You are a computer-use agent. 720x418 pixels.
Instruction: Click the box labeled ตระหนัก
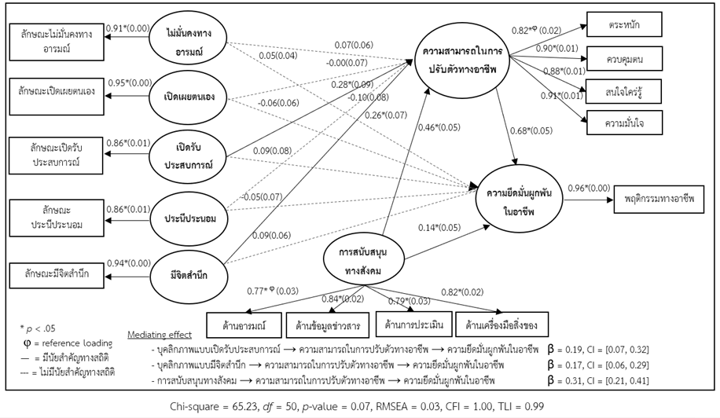pos(623,26)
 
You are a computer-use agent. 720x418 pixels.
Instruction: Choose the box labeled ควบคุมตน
pos(623,58)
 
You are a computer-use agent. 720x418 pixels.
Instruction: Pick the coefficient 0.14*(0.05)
pos(439,228)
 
